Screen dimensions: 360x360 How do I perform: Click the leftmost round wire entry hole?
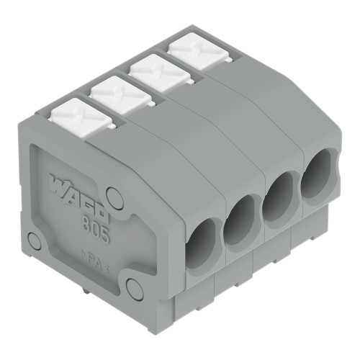tap(201, 243)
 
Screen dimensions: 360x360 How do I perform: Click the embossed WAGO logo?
tap(79, 193)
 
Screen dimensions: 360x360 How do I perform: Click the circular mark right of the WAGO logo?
tap(114, 194)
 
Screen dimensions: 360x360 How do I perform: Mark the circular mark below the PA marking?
tap(133, 287)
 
